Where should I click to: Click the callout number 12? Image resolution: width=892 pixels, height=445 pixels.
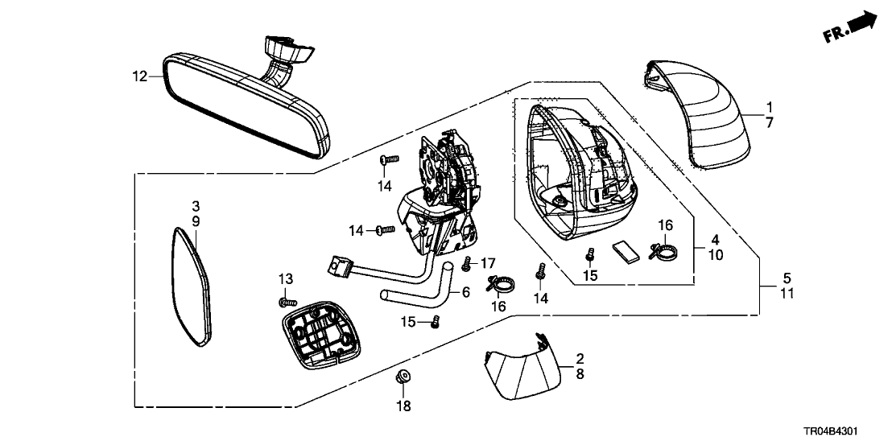(139, 77)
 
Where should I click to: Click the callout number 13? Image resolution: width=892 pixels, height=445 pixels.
(287, 278)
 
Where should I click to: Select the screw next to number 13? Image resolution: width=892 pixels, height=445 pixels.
(283, 302)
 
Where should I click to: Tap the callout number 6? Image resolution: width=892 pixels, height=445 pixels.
(465, 295)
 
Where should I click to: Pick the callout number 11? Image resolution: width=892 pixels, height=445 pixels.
(787, 294)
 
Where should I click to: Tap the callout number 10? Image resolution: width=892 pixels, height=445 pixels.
(716, 255)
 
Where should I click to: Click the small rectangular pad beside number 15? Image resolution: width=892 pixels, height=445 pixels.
(623, 253)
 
